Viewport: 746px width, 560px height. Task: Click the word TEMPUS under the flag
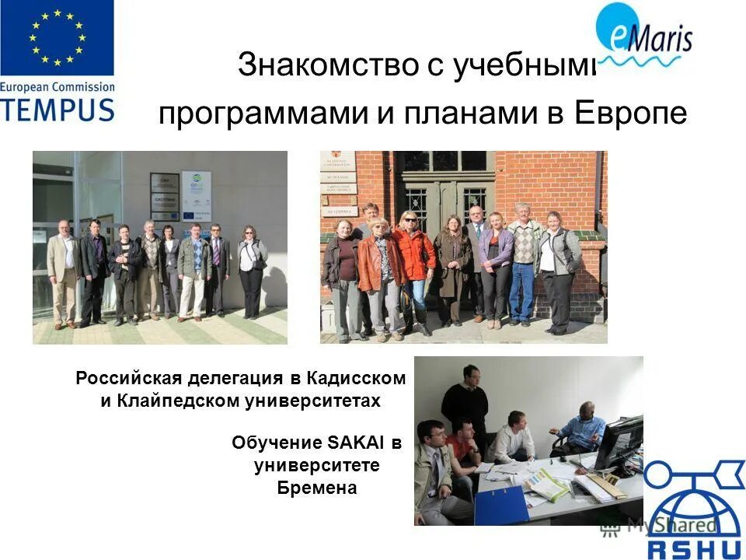click(x=57, y=108)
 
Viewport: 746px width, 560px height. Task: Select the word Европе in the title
click(x=631, y=114)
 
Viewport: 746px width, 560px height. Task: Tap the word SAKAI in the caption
click(x=358, y=443)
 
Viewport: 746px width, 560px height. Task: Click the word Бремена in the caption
click(x=317, y=488)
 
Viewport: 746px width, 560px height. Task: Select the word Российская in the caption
click(x=128, y=379)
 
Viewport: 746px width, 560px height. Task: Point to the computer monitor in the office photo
click(x=619, y=443)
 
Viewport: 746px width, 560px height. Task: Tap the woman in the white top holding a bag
click(x=251, y=268)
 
